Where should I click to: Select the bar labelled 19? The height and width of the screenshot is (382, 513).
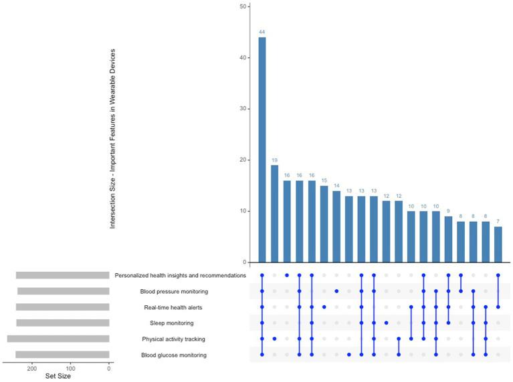(274, 214)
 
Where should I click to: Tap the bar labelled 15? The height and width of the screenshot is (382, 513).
(324, 224)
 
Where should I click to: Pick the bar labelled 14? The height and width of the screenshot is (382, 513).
(336, 226)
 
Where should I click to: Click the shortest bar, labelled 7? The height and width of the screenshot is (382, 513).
(498, 244)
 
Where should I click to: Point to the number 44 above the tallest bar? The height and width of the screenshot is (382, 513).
(262, 32)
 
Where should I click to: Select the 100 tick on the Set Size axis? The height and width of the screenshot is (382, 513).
(70, 368)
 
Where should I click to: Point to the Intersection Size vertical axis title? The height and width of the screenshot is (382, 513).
(112, 139)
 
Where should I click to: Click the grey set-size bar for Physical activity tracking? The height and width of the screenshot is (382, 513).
(58, 339)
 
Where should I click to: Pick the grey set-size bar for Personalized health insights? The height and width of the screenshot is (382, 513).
(62, 275)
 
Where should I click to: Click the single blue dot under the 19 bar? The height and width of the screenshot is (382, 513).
(274, 339)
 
